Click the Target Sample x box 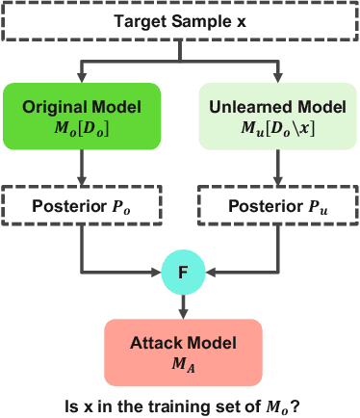point(179,21)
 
